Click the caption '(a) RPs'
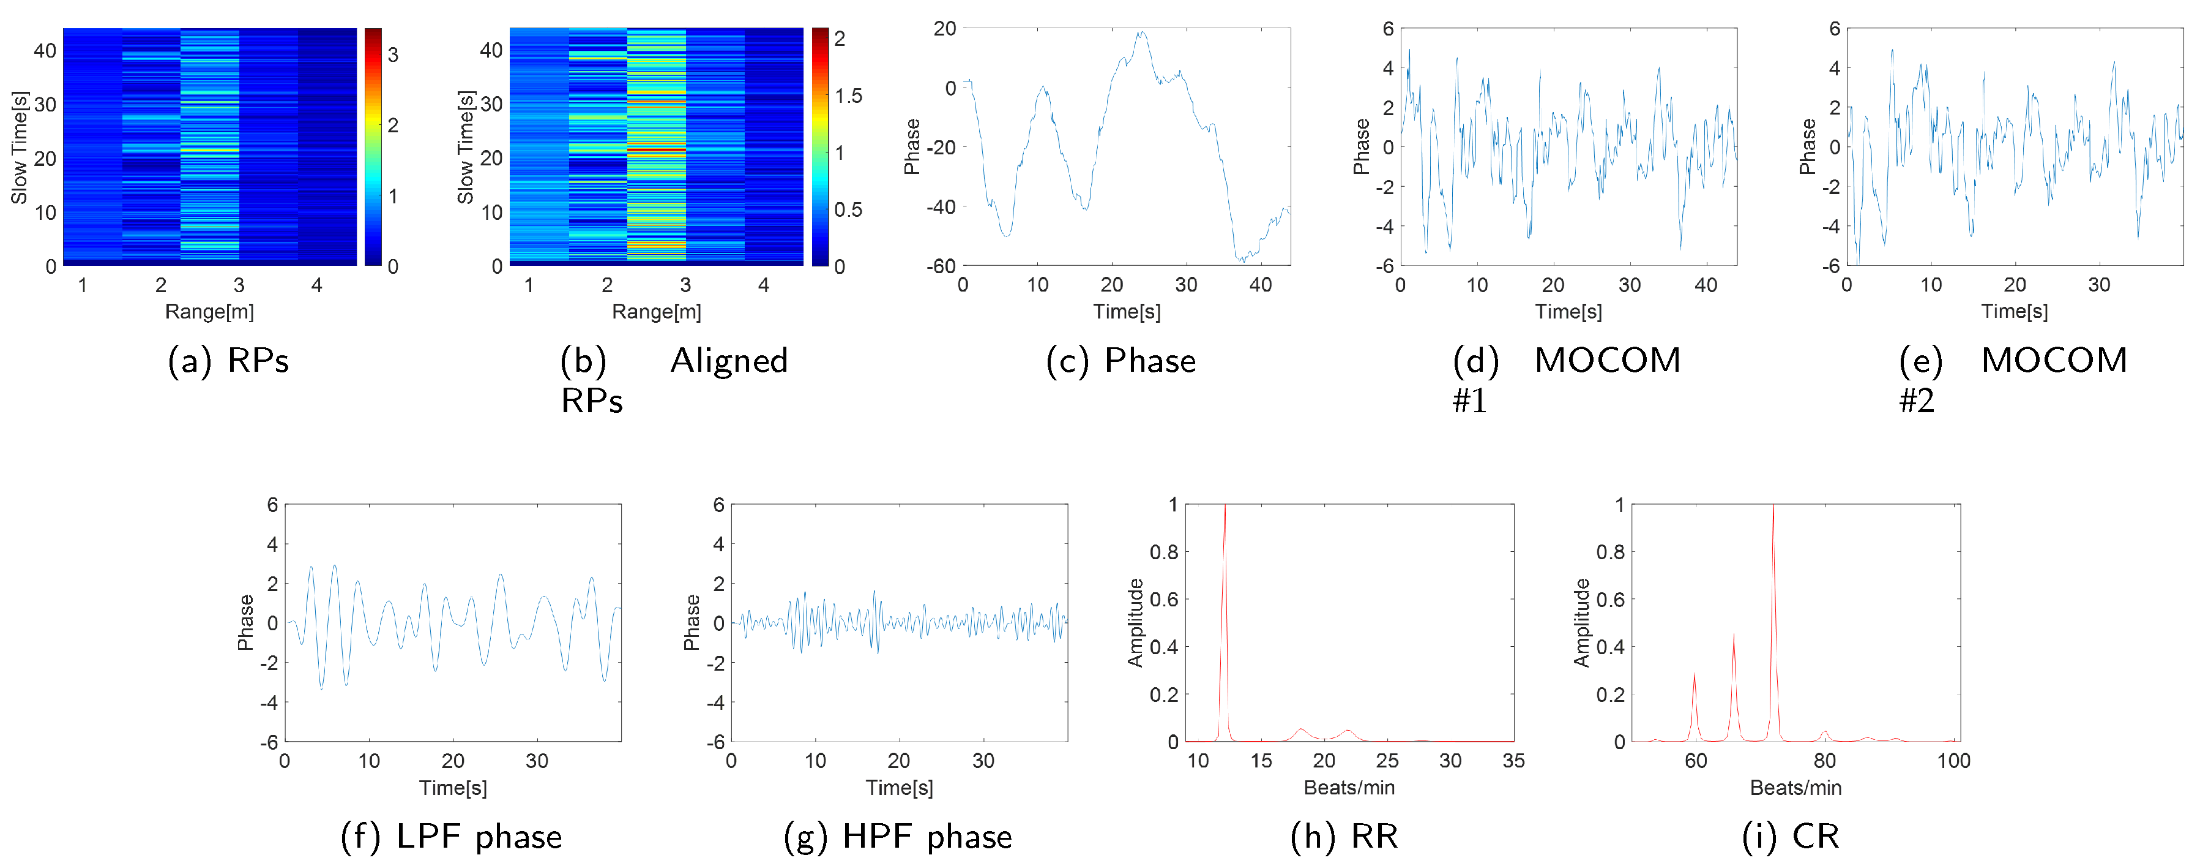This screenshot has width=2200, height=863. (x=228, y=361)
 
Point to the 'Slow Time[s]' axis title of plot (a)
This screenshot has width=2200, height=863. (x=19, y=147)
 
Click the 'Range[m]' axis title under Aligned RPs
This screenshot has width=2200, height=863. (x=656, y=312)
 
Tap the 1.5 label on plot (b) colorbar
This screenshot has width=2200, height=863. (x=848, y=96)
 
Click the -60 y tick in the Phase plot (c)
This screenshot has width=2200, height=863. (x=941, y=266)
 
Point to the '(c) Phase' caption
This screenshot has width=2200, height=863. (x=1121, y=361)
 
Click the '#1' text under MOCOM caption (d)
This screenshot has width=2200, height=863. (x=1470, y=400)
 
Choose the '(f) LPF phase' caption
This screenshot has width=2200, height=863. (x=451, y=837)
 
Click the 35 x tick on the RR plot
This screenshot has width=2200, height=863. (x=1513, y=761)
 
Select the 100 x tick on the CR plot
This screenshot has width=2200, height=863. (x=1953, y=761)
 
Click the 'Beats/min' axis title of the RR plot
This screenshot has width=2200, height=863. (x=1349, y=788)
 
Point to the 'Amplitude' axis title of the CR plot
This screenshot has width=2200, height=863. (x=1581, y=623)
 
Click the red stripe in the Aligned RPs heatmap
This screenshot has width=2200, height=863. (x=656, y=151)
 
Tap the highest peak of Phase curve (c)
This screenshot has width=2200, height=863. (x=1141, y=33)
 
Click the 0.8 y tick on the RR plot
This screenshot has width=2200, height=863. (x=1163, y=552)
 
